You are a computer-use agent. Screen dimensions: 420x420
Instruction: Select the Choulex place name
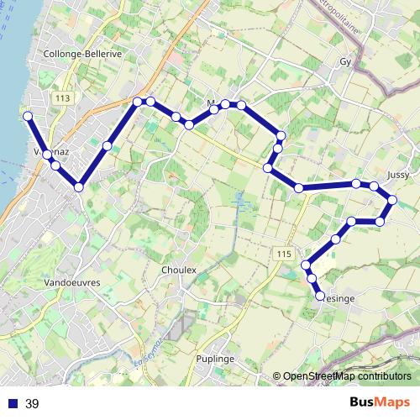click(x=178, y=270)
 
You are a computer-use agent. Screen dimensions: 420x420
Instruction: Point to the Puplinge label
click(x=215, y=358)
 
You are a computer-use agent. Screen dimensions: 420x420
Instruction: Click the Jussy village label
click(x=399, y=175)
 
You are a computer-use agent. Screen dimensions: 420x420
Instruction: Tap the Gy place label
click(x=344, y=62)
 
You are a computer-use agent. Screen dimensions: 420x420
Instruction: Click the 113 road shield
click(x=60, y=98)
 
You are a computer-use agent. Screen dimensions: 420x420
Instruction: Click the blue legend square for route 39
click(x=13, y=403)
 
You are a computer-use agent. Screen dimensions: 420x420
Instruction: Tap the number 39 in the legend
click(x=33, y=403)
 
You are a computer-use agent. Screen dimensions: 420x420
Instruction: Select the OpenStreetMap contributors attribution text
click(x=347, y=377)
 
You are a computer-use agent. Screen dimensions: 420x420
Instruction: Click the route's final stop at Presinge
click(x=320, y=296)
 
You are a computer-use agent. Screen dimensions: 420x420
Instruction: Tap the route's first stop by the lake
click(x=28, y=116)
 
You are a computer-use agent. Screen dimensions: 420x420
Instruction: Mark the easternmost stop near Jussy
click(x=392, y=200)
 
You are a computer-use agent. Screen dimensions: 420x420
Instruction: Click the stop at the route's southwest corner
click(x=79, y=186)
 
